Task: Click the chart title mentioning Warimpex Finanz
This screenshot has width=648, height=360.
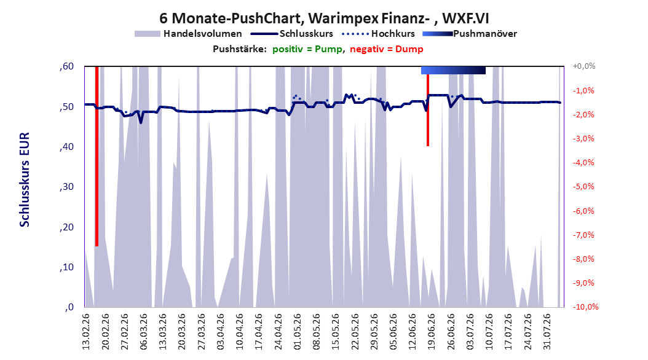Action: coord(324,18)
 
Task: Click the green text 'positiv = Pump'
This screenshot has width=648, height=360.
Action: coord(307,49)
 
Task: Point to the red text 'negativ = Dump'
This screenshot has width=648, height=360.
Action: coord(387,49)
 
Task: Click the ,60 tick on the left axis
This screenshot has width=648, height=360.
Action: coord(66,66)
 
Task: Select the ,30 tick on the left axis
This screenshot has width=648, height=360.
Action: coord(66,187)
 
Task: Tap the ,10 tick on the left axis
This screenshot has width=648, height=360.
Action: coord(66,267)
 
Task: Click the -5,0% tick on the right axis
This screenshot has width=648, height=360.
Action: coord(583,187)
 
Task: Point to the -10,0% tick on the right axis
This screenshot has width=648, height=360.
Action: coord(585,307)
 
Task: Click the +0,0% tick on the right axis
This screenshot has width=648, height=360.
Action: coord(583,66)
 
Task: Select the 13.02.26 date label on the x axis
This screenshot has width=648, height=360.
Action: coord(86,332)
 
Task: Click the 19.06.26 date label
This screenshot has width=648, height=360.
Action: coord(432,332)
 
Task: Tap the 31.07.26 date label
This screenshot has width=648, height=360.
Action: coord(547,332)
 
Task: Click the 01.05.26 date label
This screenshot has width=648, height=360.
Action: coord(297,332)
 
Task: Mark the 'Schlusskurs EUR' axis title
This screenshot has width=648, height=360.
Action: coord(25,179)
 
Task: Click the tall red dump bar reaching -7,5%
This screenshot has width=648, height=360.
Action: coord(97,156)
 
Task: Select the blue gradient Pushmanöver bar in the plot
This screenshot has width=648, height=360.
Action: coord(453,70)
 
